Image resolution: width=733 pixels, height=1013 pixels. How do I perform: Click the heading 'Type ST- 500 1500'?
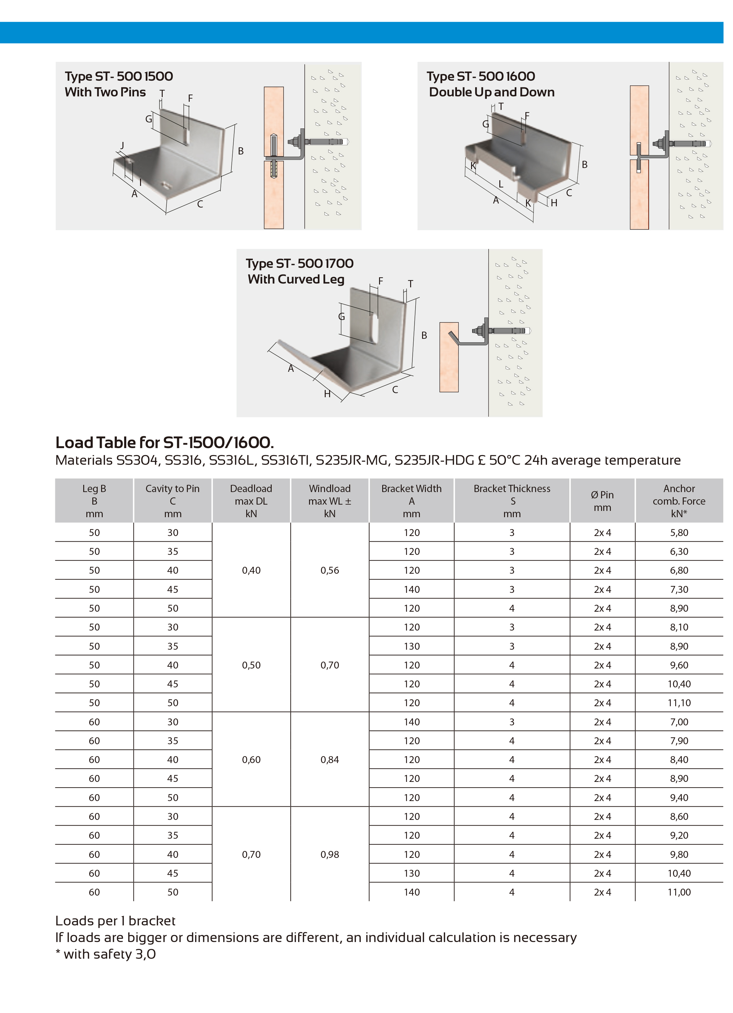(119, 76)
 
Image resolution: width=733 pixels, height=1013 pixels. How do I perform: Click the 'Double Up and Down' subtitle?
(491, 92)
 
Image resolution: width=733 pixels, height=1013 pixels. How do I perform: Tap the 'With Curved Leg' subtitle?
(296, 279)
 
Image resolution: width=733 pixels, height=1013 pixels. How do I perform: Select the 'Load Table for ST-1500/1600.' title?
(164, 443)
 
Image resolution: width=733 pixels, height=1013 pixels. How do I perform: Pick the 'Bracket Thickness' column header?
(512, 501)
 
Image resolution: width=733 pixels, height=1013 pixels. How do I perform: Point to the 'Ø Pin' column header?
(602, 501)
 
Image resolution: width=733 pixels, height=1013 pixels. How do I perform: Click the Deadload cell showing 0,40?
(251, 570)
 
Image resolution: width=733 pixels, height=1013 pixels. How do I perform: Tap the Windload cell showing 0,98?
(330, 854)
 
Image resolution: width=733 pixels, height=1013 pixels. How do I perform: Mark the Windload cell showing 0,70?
(330, 665)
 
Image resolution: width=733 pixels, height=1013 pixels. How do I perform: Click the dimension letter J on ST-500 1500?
(122, 146)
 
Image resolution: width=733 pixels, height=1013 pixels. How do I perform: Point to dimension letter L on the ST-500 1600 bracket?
(501, 184)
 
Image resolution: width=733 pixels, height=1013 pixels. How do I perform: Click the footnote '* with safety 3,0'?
(106, 955)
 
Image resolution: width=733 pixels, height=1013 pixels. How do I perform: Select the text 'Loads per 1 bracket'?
(115, 921)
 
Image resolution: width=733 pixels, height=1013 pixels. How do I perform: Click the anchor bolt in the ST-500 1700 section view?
(505, 331)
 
